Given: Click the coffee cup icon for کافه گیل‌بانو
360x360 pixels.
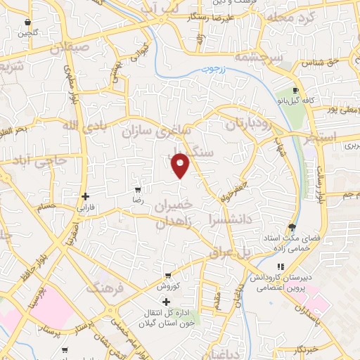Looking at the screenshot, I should [x=296, y=91].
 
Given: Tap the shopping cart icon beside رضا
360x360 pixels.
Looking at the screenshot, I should [x=138, y=189].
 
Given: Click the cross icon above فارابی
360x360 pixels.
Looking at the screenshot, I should [x=85, y=196].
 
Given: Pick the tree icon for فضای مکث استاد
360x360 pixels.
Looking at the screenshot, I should [x=292, y=226].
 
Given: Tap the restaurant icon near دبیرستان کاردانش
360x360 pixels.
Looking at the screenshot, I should [x=280, y=267].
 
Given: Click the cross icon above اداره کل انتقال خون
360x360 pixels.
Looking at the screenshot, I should [x=167, y=301].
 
